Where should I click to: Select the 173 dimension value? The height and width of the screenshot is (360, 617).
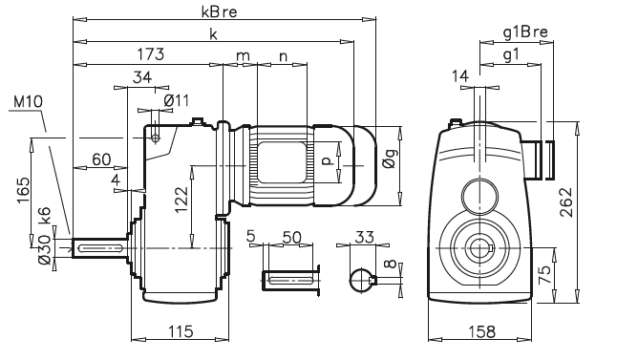[x=148, y=55]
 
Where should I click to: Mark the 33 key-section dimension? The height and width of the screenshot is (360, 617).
[x=363, y=236]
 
